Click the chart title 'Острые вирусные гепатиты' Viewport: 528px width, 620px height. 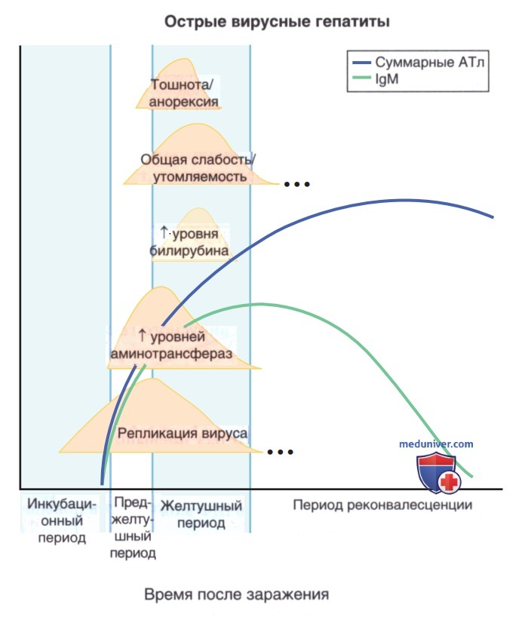(277, 21)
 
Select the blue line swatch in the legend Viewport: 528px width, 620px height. (361, 63)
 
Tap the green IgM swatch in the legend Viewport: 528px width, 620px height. (361, 78)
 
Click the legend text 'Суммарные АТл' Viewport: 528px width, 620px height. (429, 63)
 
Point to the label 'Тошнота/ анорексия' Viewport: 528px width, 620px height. (183, 93)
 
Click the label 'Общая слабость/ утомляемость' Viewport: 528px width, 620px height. (198, 168)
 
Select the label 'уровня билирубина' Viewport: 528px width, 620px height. (189, 241)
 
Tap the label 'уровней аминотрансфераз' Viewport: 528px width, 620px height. (171, 345)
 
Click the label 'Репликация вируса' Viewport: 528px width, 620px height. (183, 433)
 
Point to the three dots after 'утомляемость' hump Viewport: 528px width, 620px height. (296, 184)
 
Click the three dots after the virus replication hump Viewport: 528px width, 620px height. (280, 452)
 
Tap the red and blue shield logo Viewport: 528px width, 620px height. (438, 473)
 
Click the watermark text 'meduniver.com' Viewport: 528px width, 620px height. (436, 444)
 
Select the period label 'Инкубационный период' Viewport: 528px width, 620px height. (62, 520)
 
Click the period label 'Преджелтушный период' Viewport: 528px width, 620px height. (133, 528)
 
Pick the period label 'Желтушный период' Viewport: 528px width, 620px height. (201, 514)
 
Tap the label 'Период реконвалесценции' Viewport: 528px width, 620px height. (383, 505)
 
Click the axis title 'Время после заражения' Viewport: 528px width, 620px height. (237, 594)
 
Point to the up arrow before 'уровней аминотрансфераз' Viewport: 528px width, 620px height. (143, 336)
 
